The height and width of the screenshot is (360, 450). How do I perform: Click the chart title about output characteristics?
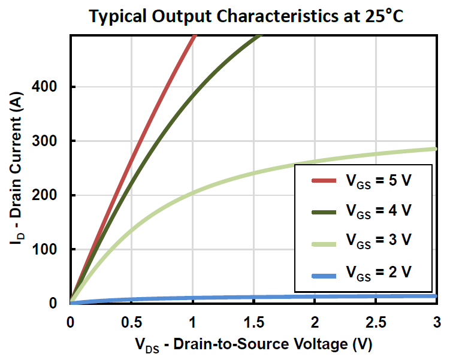(246, 16)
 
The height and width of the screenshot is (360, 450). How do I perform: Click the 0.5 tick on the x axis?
(132, 322)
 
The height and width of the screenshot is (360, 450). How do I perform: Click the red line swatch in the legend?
(325, 180)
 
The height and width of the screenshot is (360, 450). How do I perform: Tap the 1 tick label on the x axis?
(193, 322)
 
